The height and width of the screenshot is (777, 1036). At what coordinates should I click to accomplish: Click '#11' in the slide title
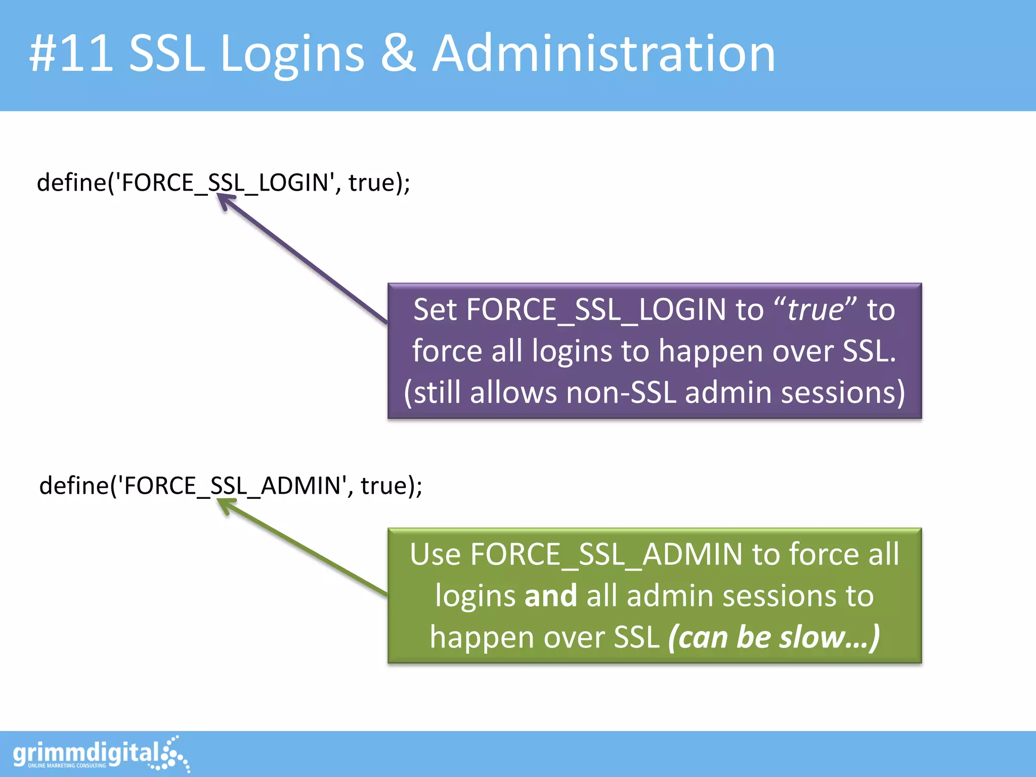pos(71,54)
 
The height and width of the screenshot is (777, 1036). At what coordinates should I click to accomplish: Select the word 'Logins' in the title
pos(292,54)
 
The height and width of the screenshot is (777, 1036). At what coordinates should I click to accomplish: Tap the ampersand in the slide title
pos(398,54)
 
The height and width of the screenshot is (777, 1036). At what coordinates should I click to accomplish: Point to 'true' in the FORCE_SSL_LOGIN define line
pos(371,183)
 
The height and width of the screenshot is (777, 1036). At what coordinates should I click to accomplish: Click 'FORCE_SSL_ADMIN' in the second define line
pos(233,486)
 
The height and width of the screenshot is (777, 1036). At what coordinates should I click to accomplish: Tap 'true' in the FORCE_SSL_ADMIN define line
pos(383,486)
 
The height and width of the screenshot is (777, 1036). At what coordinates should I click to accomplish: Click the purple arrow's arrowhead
pos(225,201)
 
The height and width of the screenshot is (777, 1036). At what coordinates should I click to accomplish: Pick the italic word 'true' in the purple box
pos(815,310)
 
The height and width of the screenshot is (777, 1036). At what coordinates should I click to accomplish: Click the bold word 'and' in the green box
pos(550,596)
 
